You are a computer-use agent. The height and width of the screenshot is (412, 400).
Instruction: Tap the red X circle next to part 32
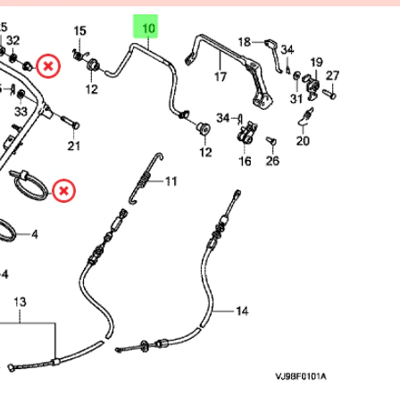click(x=48, y=66)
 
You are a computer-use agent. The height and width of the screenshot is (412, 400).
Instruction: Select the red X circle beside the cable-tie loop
click(x=63, y=190)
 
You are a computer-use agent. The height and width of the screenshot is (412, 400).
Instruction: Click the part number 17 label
click(x=221, y=77)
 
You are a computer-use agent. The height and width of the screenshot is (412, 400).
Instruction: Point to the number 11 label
click(x=171, y=181)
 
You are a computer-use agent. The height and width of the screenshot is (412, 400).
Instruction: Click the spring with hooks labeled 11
click(x=146, y=179)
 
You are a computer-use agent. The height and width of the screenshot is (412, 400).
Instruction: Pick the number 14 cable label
click(x=242, y=311)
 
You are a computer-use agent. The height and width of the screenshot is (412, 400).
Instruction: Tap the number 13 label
click(x=20, y=302)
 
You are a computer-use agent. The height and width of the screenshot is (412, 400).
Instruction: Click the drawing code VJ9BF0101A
click(x=301, y=376)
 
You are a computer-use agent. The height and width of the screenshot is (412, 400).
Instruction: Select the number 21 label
click(x=74, y=146)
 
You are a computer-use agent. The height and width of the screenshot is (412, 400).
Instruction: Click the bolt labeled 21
click(x=70, y=122)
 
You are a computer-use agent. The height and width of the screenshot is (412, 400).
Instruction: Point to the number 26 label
click(x=272, y=161)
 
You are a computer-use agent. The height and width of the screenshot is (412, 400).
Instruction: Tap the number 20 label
click(x=303, y=140)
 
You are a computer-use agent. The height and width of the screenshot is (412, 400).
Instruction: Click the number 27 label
click(x=332, y=75)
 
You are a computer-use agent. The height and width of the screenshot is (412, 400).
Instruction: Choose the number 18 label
click(x=245, y=42)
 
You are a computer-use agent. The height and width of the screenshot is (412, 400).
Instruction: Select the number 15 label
click(x=79, y=30)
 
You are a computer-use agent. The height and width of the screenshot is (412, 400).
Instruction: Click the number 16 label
click(x=245, y=162)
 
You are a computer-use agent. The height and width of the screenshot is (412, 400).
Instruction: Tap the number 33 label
click(x=21, y=112)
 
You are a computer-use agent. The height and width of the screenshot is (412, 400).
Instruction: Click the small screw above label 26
click(x=271, y=141)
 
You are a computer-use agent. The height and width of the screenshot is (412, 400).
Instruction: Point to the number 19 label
click(x=316, y=63)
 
